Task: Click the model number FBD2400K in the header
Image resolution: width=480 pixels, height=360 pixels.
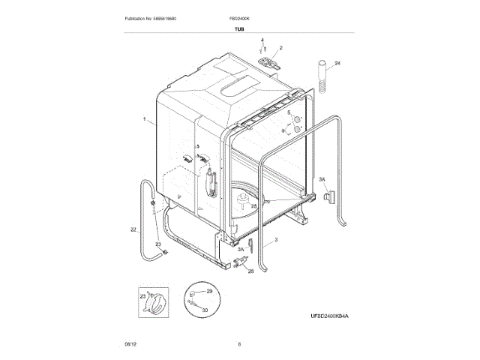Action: (239, 16)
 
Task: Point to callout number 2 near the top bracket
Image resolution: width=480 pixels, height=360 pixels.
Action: (280, 47)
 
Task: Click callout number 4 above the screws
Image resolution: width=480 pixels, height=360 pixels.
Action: (262, 37)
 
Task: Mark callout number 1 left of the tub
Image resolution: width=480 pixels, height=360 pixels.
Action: (143, 118)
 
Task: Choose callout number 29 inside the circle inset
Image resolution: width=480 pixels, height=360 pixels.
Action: (211, 290)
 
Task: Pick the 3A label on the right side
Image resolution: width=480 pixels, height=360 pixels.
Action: (322, 180)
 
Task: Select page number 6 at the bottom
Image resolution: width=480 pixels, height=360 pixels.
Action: (239, 344)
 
